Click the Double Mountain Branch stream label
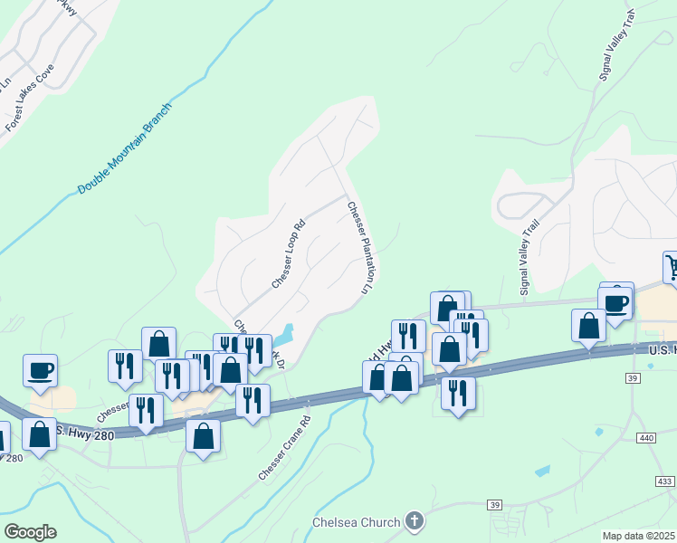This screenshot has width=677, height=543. pos(124,148)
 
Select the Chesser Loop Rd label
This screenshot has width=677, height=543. pos(285,259)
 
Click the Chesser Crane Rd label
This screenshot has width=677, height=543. pos(283,447)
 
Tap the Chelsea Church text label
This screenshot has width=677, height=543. pos(356,522)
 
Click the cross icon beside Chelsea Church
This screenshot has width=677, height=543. pos(415,521)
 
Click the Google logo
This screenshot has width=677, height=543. pos(29,531)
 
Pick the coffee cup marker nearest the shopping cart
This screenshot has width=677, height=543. pos(616,302)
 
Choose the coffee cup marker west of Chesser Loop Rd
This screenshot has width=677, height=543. pos(40,370)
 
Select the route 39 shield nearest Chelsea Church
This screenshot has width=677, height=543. pos(494,504)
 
